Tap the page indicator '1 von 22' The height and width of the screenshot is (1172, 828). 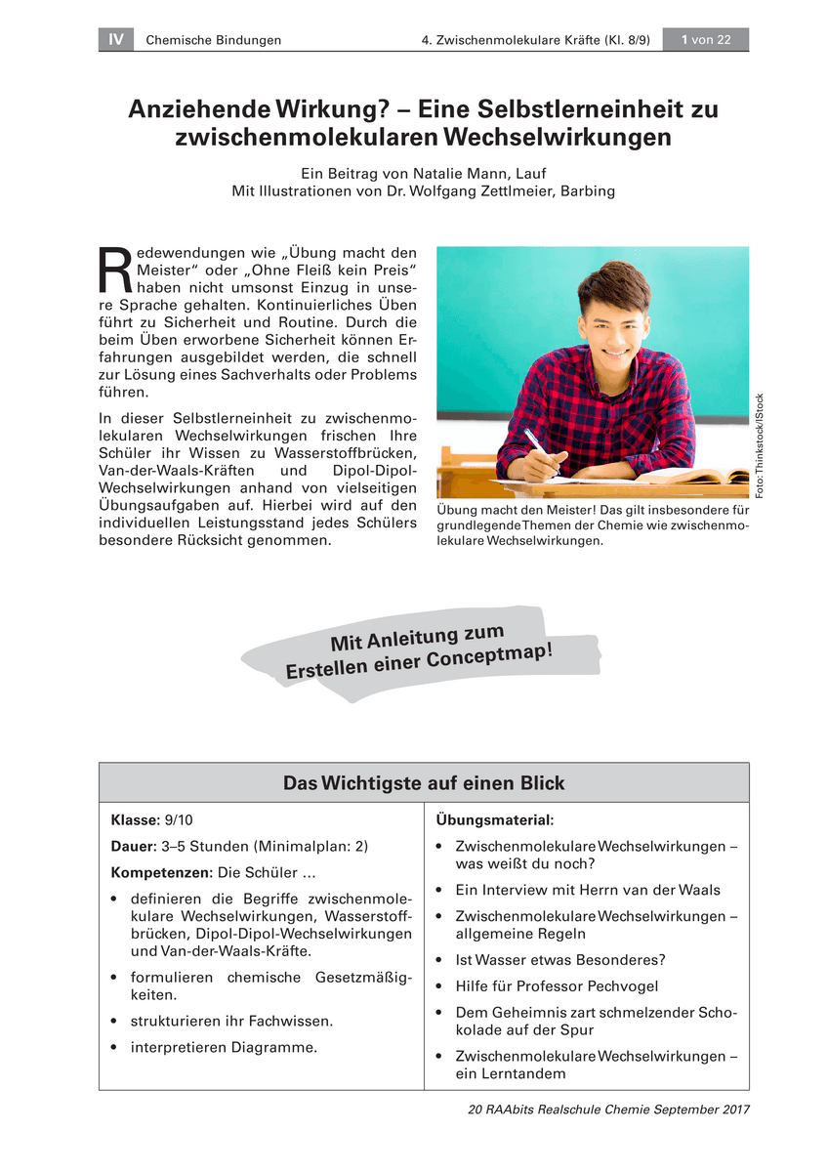705,39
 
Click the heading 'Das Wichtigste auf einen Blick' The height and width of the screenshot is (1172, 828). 424,783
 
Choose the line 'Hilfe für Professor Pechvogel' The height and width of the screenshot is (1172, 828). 557,986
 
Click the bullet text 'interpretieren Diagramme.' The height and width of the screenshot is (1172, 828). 224,1048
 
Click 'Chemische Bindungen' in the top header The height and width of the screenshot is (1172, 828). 213,40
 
